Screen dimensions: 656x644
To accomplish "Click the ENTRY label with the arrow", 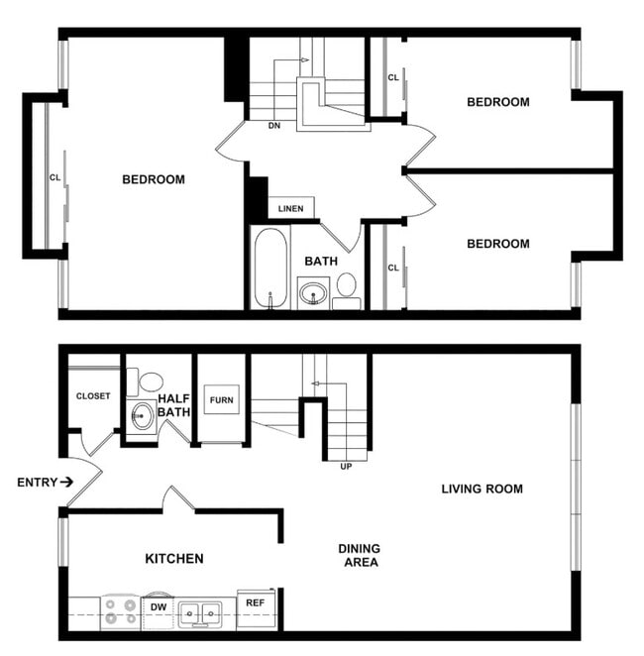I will pos(45,483).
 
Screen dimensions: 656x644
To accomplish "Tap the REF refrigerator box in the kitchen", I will pos(256,602).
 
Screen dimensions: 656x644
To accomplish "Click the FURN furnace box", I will pos(219,400).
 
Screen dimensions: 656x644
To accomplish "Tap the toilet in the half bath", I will pos(150,382).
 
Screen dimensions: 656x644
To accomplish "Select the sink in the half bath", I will pos(141,415).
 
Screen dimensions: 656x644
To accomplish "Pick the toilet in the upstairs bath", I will pos(346,286).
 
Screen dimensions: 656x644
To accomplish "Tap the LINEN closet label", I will pos(290,209).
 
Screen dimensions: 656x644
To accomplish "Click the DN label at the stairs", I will pos(274,126).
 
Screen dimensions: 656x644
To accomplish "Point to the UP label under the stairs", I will pos(346,466).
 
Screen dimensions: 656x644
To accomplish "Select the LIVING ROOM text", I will pos(482,489).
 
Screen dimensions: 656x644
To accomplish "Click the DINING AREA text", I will pos(359,555).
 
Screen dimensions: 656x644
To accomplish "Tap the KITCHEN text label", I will pos(174,559).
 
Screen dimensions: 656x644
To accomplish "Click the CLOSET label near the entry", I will pos(93,396).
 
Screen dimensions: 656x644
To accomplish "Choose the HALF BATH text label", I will pos(174,405).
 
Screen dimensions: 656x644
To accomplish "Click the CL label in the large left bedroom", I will pos(54,178).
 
